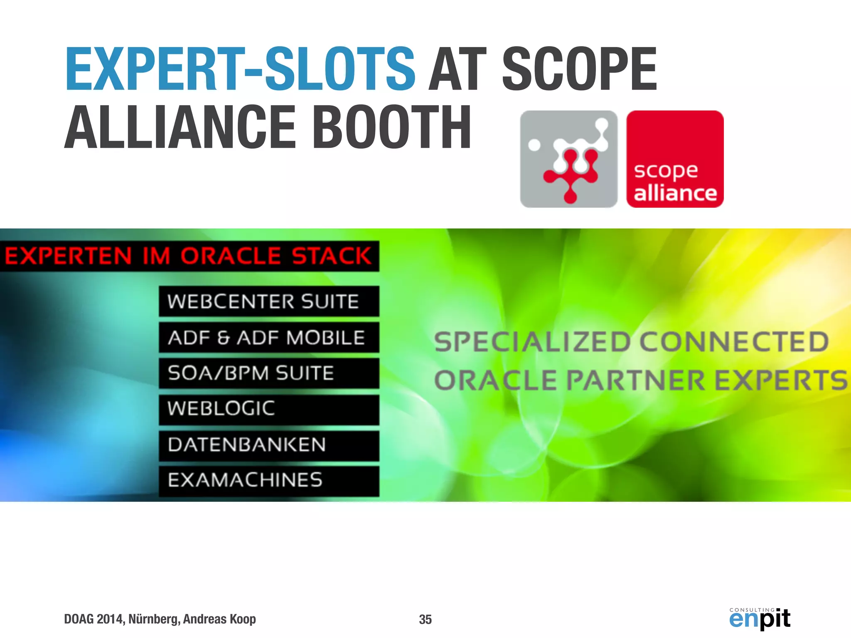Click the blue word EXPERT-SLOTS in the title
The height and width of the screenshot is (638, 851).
pyautogui.click(x=240, y=69)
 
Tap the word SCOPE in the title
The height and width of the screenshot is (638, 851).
pyautogui.click(x=580, y=69)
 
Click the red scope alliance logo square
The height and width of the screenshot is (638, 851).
pyautogui.click(x=675, y=159)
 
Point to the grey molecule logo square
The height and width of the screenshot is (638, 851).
pyautogui.click(x=568, y=159)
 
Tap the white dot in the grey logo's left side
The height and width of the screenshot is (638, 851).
pyautogui.click(x=534, y=145)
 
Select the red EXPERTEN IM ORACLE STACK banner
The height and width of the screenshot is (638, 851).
pyautogui.click(x=189, y=256)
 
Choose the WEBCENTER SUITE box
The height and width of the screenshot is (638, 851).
pyautogui.click(x=268, y=301)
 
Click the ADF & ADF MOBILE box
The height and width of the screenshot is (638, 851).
pyautogui.click(x=268, y=337)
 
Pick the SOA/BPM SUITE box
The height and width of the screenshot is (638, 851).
pyautogui.click(x=268, y=373)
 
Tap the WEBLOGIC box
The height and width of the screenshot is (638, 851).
pyautogui.click(x=268, y=409)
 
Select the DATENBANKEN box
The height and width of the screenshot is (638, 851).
pyautogui.click(x=268, y=445)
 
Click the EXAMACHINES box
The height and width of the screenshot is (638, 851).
pyautogui.click(x=268, y=481)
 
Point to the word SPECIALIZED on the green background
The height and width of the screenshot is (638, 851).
pyautogui.click(x=532, y=342)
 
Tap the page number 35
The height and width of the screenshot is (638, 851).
pyautogui.click(x=425, y=619)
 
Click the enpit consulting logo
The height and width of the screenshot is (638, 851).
pyautogui.click(x=760, y=618)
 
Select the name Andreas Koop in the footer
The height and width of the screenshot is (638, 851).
pyautogui.click(x=219, y=619)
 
